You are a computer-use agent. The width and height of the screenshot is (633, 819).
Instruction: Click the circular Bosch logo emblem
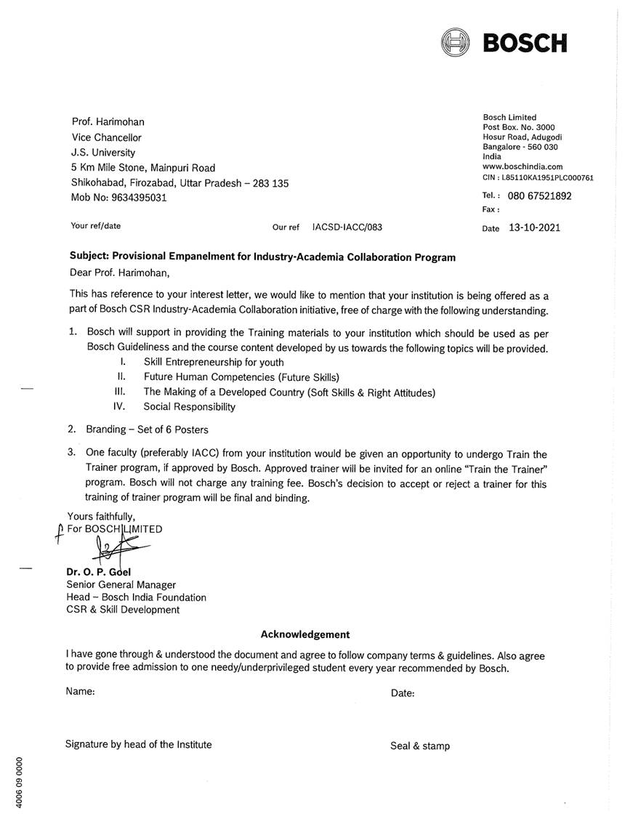tap(456, 41)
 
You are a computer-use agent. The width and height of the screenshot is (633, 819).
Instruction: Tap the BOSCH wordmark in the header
tap(525, 43)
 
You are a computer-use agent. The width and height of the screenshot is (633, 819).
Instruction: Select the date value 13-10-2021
tap(534, 227)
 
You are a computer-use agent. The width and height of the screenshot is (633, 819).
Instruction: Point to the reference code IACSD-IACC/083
tap(347, 227)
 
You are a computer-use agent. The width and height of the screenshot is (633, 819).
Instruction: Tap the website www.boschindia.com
tap(523, 166)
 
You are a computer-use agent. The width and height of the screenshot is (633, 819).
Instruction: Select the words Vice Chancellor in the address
tap(107, 137)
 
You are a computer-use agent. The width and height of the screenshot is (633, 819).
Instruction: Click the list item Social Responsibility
tap(190, 407)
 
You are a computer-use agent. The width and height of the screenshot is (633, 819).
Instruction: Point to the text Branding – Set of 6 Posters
tap(147, 429)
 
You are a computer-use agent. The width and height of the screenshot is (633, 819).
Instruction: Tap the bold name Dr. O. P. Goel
tap(99, 571)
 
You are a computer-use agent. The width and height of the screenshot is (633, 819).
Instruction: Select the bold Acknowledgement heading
tap(305, 634)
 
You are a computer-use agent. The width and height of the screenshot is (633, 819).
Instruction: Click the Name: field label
tap(81, 692)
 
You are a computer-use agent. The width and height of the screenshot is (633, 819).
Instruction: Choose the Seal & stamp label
tap(420, 746)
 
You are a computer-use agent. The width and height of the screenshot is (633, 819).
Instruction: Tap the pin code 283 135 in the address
tap(271, 183)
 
